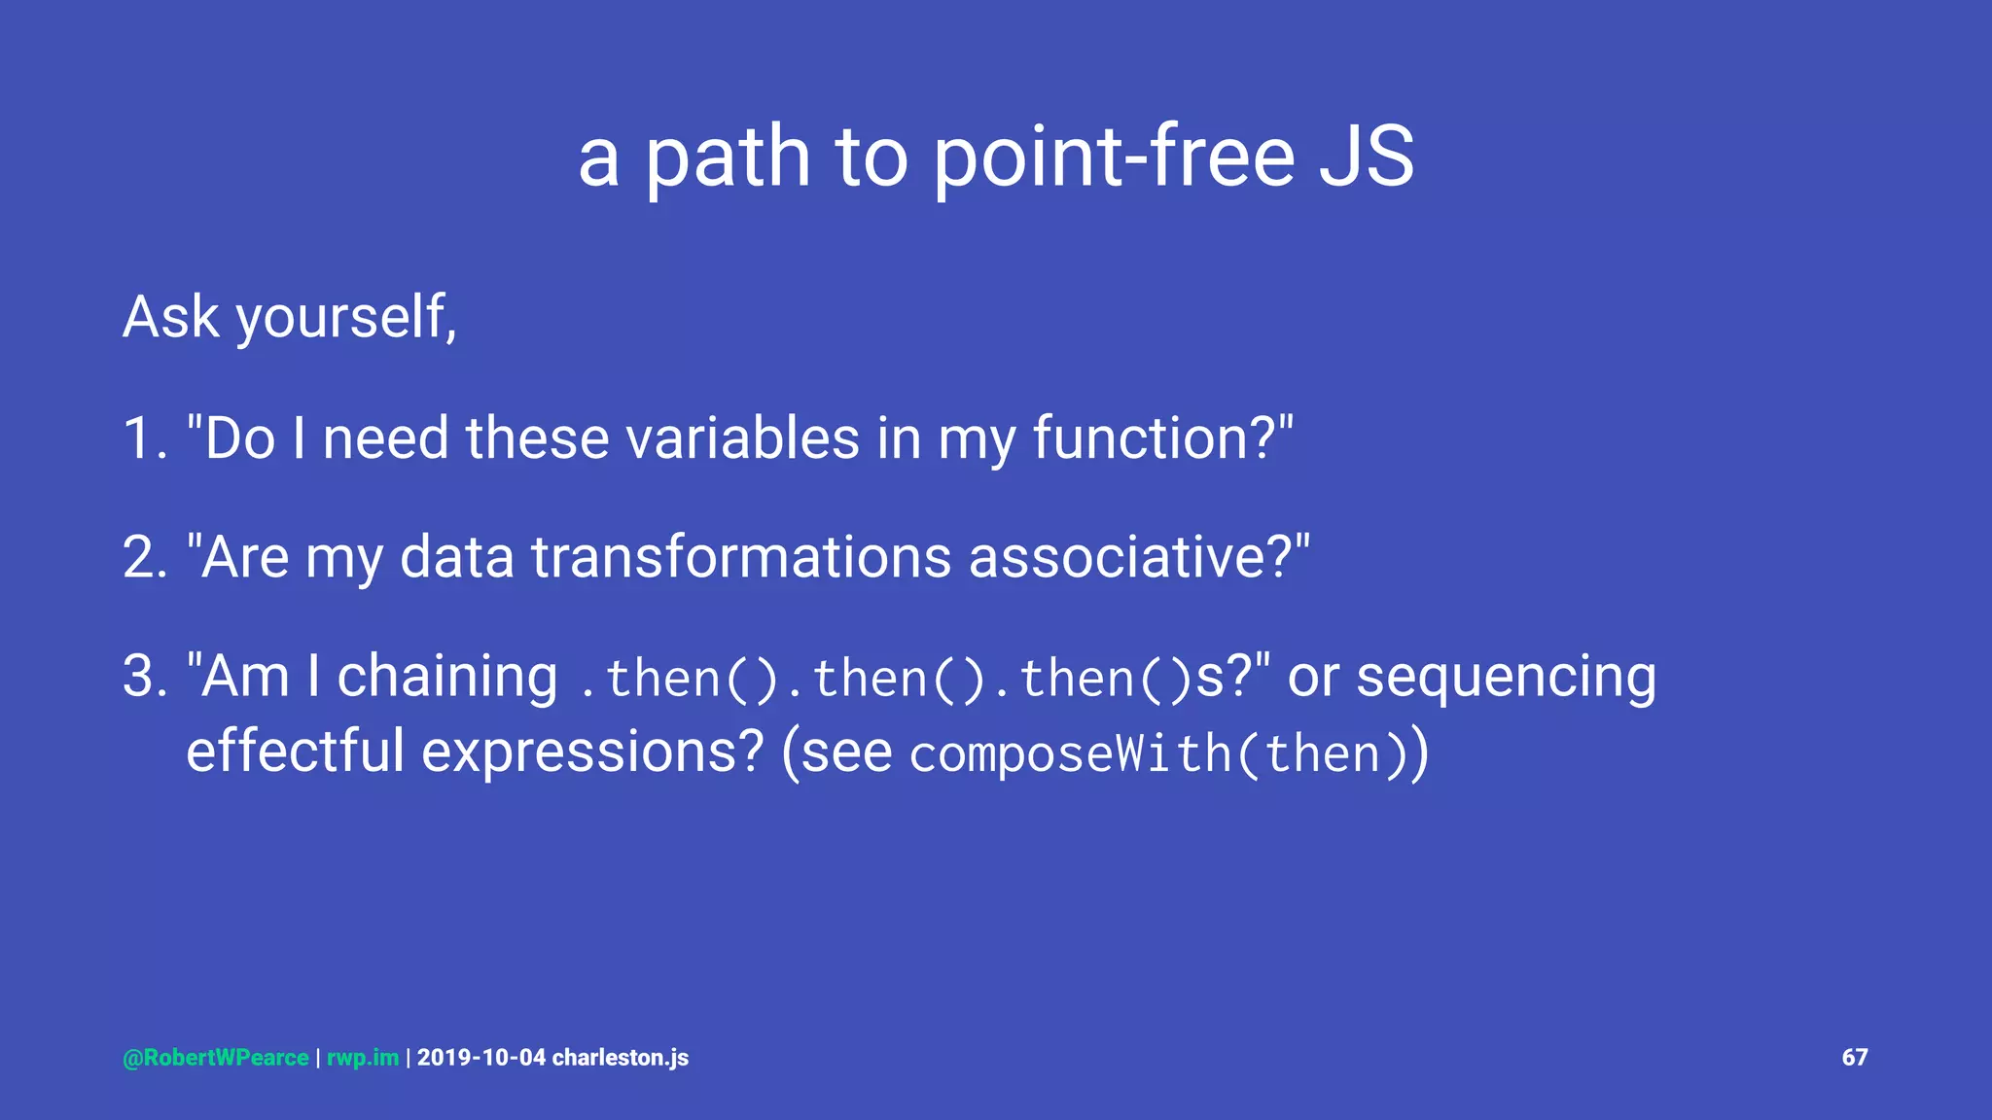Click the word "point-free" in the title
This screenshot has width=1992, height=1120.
1114,157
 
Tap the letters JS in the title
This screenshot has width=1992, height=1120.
1366,157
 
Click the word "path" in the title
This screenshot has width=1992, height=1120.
728,157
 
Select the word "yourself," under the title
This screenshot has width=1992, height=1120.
346,318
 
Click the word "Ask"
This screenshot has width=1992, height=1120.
171,318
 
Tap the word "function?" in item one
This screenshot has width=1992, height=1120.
1161,438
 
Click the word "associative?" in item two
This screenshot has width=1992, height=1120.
1138,558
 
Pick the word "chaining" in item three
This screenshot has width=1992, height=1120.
446,677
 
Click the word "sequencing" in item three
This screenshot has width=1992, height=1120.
1506,677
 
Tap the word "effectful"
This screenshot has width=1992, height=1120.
295,752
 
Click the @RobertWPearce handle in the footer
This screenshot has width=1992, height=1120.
216,1058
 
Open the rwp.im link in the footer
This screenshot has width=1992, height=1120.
363,1058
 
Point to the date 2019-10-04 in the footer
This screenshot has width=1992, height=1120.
481,1058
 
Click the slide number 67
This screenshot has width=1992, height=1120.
1854,1058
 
